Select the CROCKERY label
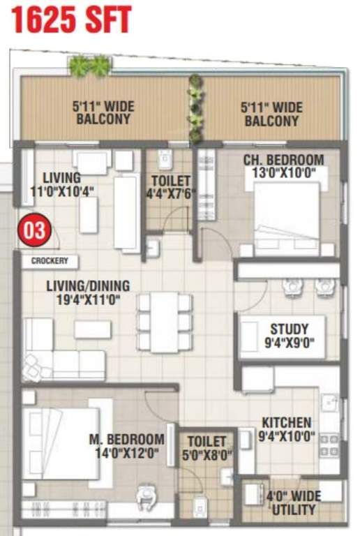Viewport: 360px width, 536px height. [x=50, y=261]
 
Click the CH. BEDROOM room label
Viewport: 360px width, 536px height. [x=283, y=160]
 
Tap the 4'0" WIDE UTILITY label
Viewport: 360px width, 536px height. [x=293, y=502]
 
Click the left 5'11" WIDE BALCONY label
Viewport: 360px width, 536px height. [x=104, y=113]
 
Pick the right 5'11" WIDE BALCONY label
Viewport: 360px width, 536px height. [x=271, y=113]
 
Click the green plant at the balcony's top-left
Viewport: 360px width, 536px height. [x=89, y=66]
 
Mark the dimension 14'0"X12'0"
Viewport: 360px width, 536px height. [x=127, y=454]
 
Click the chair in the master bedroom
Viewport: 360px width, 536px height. [x=147, y=497]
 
